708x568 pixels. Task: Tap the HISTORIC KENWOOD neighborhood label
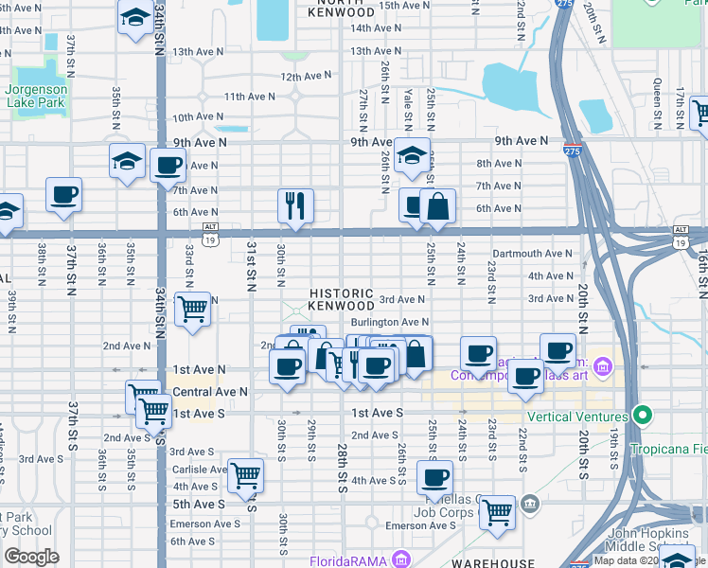coord(341,300)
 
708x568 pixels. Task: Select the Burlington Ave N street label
coord(390,323)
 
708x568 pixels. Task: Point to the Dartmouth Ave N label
coord(532,254)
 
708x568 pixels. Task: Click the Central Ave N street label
coord(209,391)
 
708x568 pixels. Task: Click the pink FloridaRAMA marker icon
coord(400,558)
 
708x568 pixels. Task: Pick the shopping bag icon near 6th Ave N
coord(438,205)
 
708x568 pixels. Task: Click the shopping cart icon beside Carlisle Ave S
coord(246,474)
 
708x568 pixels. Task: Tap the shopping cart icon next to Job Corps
coord(497,512)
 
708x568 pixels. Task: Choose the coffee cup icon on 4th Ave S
coord(435,477)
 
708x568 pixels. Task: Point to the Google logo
coord(31,557)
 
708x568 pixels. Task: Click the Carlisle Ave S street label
coord(195,469)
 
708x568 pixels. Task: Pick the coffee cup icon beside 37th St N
coord(63,195)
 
